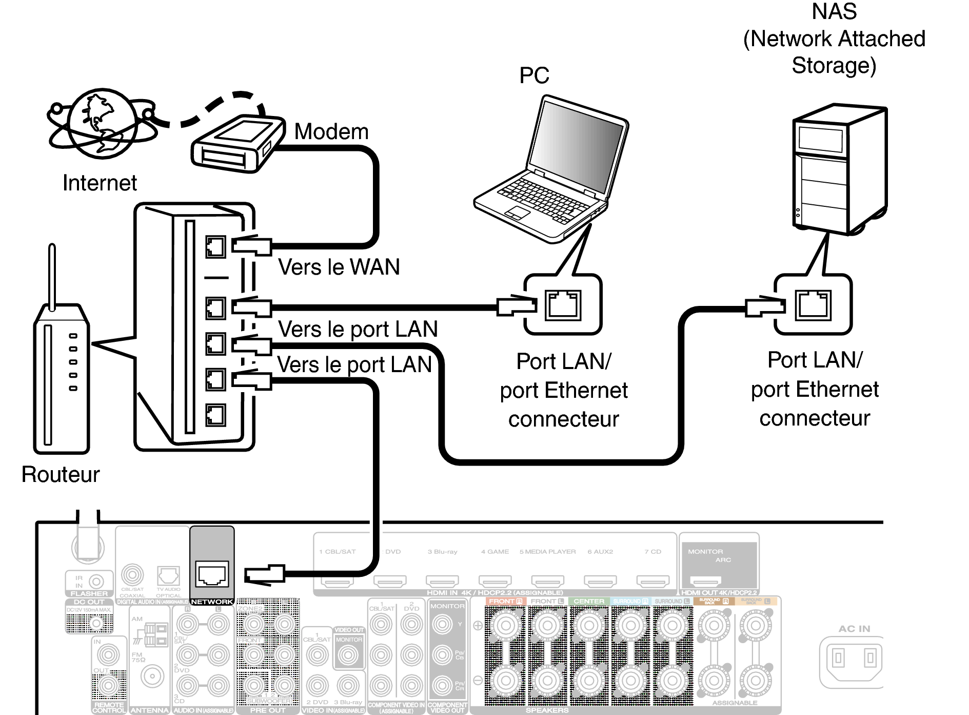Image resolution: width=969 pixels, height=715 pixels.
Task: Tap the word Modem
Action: point(331,132)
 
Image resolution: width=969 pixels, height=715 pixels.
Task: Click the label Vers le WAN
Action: point(339,267)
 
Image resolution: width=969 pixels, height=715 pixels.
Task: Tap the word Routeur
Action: point(61,475)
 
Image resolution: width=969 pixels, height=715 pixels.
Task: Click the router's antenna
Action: point(52,277)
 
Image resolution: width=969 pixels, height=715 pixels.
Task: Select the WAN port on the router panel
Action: point(215,247)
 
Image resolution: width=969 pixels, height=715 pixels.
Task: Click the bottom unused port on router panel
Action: point(215,415)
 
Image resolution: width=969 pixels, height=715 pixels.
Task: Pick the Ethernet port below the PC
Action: point(563,305)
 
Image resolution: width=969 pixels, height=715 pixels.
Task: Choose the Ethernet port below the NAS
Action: point(813,305)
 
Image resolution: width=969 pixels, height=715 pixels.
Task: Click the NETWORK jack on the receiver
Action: point(212,574)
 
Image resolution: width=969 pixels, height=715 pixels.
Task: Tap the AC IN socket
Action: point(854,658)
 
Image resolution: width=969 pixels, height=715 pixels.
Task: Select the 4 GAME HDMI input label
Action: point(495,552)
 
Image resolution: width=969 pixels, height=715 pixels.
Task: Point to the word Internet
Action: point(100,183)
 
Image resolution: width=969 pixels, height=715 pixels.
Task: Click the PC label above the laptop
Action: point(534,75)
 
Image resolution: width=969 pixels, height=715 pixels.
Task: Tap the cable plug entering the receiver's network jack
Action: point(264,574)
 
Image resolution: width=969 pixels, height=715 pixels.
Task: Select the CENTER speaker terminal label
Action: point(588,601)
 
